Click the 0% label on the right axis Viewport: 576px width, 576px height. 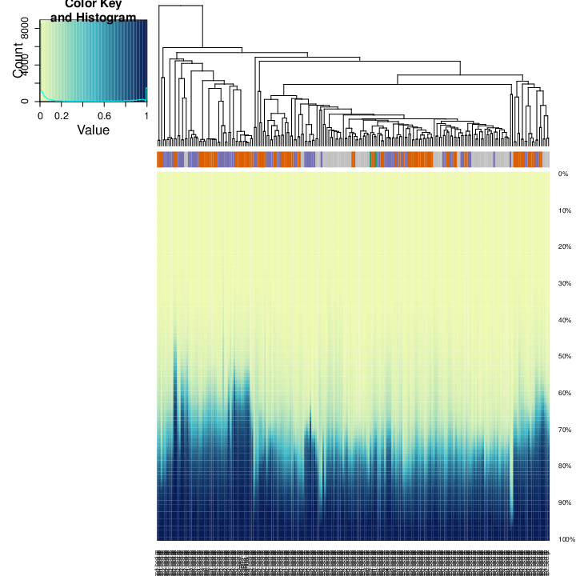[562, 174]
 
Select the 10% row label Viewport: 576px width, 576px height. [563, 210]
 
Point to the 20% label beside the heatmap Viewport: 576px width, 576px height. [563, 247]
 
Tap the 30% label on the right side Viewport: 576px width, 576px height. [563, 284]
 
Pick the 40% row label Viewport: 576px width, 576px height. [563, 320]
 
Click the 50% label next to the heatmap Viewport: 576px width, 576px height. [563, 357]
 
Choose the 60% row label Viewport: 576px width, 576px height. [563, 394]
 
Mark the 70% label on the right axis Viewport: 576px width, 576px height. [563, 430]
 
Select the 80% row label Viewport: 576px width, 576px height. [563, 466]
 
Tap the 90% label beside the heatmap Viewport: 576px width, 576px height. [563, 503]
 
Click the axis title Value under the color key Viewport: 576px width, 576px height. [93, 130]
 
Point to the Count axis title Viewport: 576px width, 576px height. [19, 61]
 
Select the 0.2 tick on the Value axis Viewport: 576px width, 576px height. [62, 115]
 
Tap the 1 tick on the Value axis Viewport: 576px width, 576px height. [147, 115]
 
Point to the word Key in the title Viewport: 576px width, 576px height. [111, 5]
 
